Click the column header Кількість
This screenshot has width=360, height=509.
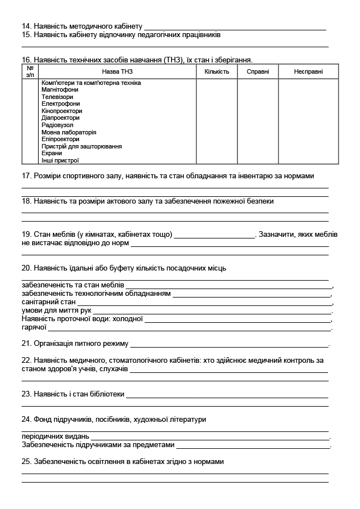[217, 71]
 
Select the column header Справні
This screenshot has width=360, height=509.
[258, 71]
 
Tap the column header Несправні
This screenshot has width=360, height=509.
[308, 71]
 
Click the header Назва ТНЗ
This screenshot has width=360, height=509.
[117, 71]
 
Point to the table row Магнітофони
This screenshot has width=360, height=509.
[60, 90]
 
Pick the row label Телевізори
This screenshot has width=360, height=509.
[57, 97]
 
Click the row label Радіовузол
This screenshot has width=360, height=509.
[57, 125]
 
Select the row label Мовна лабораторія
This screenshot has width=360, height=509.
[69, 132]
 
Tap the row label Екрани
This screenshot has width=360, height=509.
[52, 153]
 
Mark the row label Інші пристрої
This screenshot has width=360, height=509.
[60, 160]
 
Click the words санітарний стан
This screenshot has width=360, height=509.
[48, 302]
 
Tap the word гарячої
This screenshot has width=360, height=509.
[34, 327]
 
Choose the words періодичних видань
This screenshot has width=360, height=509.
[55, 436]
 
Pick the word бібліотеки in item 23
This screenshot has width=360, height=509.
[107, 394]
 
